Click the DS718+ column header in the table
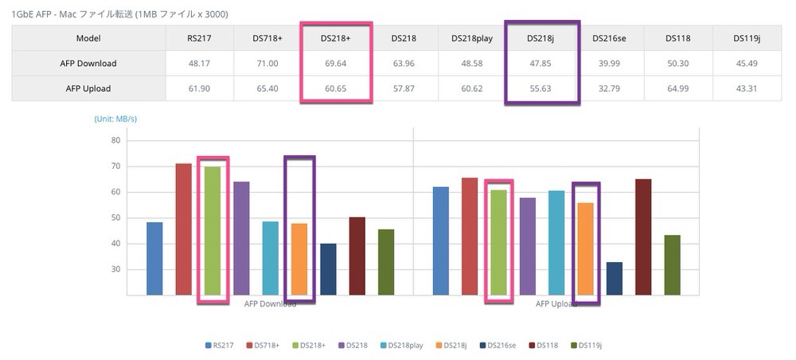coord(267,38)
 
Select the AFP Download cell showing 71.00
coord(267,64)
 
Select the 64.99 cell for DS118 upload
coord(679,88)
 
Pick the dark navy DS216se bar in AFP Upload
coord(615,279)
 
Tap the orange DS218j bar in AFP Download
coord(299,259)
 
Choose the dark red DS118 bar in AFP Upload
coord(643,237)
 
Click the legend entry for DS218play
coord(408,345)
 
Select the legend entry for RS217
coord(217,345)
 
